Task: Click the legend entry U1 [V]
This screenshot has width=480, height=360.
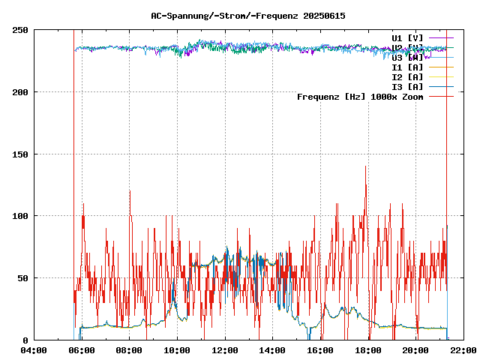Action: pos(407,37)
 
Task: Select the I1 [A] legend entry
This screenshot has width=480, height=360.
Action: pos(407,67)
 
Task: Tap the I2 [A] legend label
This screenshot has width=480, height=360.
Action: pos(407,76)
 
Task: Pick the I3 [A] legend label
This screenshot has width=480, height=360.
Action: pos(407,86)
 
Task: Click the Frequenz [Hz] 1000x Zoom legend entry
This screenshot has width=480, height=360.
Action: pos(360,96)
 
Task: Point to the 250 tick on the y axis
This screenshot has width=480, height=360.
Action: pos(19,30)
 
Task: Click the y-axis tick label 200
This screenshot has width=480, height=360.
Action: pos(19,92)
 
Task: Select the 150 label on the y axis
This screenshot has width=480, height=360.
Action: pos(19,154)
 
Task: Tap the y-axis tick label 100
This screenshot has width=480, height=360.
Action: pos(19,216)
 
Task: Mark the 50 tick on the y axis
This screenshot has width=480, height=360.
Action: pos(22,278)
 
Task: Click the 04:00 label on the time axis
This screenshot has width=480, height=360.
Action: pos(34,349)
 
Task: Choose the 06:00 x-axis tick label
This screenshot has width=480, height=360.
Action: pos(82,349)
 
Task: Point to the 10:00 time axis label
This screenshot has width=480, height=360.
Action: pos(177,349)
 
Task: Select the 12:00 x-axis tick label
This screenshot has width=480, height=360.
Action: pos(225,349)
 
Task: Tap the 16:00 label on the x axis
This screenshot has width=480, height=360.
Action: pos(320,349)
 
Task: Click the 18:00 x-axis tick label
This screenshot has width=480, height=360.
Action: pos(368,349)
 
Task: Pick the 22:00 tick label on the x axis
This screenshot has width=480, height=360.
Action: pos(463,349)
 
